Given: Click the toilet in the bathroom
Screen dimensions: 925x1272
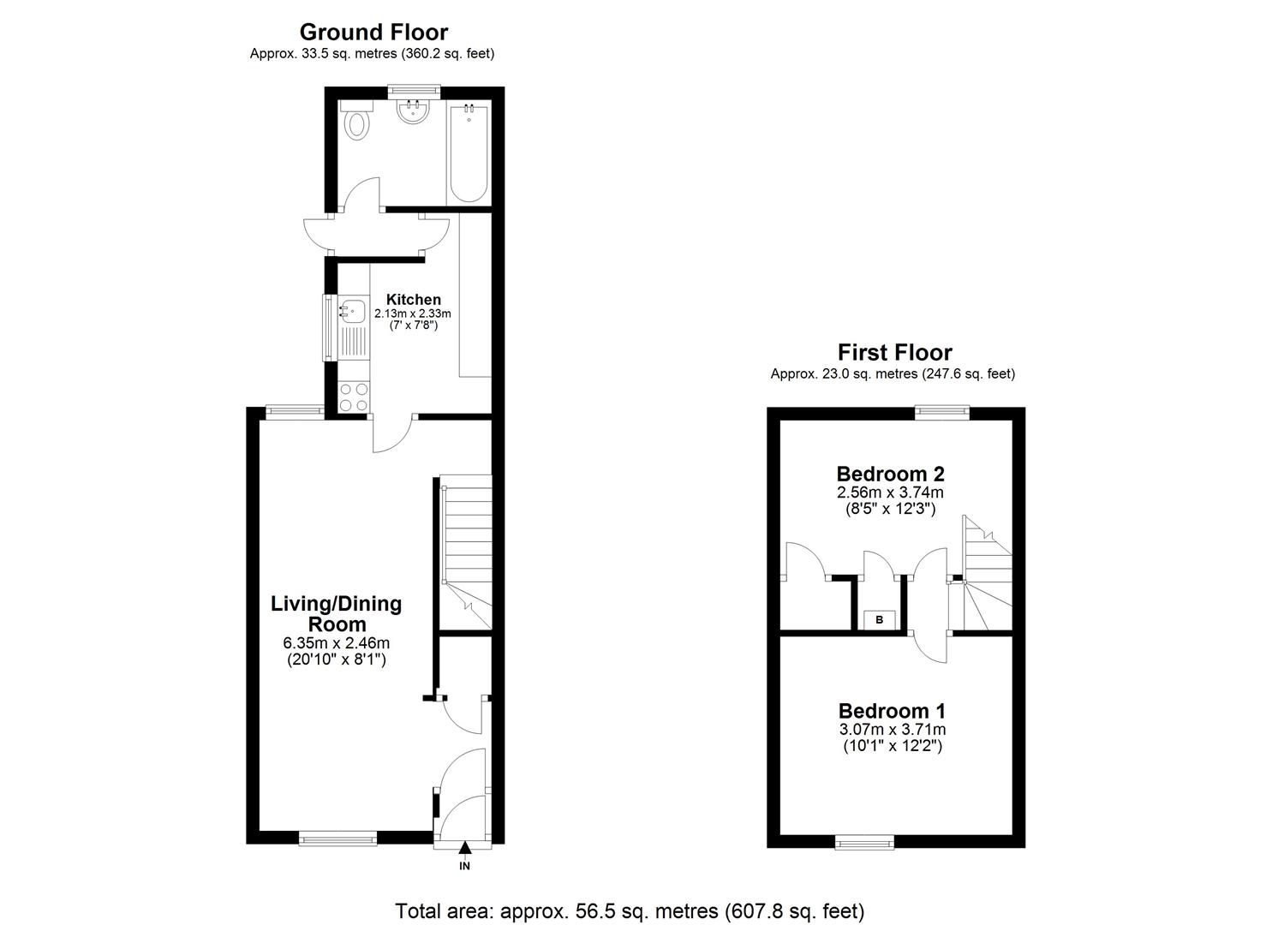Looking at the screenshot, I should [x=356, y=122].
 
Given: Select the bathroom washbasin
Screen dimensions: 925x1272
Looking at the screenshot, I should [x=414, y=112].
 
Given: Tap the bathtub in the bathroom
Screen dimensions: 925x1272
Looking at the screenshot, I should [x=469, y=153].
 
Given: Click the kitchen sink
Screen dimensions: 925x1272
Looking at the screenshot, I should [x=352, y=313].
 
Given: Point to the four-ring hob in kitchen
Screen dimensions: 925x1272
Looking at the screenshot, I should [x=354, y=397].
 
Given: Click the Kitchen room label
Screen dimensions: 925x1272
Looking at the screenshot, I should [x=413, y=300].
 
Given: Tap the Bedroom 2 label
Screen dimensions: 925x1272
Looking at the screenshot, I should [x=890, y=474].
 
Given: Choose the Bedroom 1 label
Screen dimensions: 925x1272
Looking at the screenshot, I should [x=892, y=711].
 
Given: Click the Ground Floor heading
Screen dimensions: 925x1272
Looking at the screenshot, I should [x=373, y=33].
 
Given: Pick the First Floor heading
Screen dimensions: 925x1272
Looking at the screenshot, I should [x=894, y=352].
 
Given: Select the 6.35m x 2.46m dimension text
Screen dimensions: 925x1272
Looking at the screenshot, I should [x=336, y=643].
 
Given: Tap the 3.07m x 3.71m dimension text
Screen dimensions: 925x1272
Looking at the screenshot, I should [x=892, y=730].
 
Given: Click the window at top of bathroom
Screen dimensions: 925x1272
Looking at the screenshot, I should [x=414, y=89].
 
